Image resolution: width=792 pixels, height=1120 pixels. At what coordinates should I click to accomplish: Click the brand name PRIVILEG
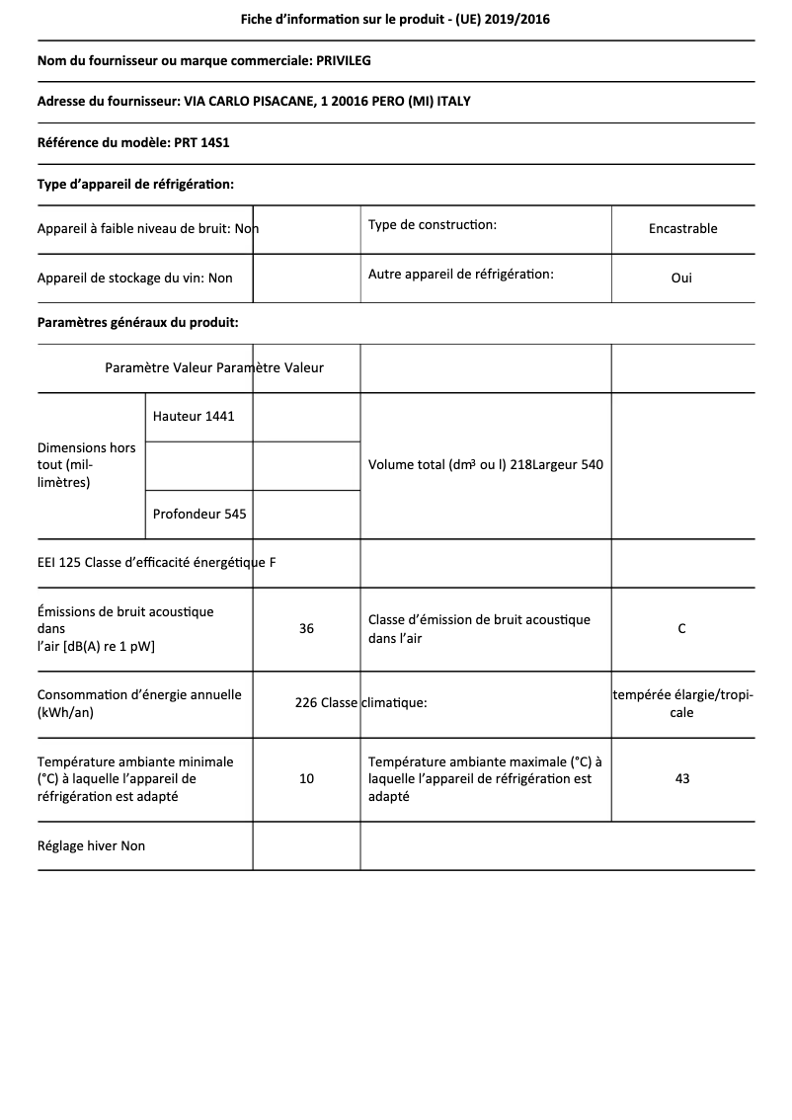tap(343, 61)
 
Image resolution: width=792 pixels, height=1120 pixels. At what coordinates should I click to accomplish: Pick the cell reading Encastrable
tap(682, 229)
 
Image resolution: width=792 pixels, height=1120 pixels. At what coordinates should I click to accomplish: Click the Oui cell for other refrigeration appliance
tap(681, 279)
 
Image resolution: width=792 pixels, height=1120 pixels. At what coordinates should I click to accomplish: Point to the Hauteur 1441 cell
tap(194, 417)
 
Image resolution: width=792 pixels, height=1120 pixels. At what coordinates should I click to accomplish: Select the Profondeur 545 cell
tap(199, 515)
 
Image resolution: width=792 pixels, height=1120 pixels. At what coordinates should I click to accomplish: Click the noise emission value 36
tap(306, 629)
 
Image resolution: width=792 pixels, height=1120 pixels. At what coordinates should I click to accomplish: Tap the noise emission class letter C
tap(681, 629)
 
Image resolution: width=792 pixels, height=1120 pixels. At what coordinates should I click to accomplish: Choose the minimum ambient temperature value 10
tap(306, 779)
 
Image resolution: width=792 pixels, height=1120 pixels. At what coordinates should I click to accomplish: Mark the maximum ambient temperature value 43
tap(681, 779)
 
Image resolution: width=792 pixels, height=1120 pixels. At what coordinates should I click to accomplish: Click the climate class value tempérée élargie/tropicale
tap(682, 704)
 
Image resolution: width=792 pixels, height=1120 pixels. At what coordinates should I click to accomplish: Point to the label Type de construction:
tap(433, 225)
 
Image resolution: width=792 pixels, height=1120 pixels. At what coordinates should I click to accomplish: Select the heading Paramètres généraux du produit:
tap(137, 323)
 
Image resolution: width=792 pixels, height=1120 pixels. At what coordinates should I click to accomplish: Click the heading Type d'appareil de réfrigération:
tap(135, 184)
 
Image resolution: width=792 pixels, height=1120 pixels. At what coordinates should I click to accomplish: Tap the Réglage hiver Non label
tap(91, 846)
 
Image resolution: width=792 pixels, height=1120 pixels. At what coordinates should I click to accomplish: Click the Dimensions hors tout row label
tap(87, 465)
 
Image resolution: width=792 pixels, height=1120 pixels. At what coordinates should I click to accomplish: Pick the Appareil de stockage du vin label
tap(134, 279)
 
